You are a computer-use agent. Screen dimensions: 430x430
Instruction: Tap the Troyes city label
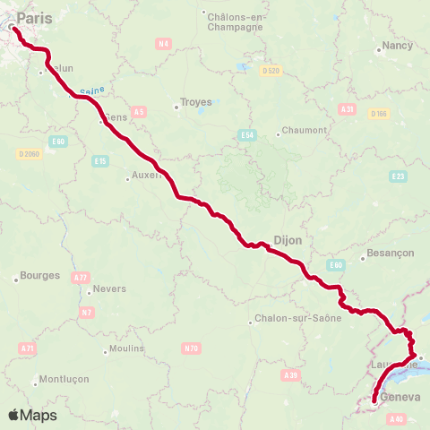coord(196,102)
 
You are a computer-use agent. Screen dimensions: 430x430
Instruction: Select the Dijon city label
coord(288,240)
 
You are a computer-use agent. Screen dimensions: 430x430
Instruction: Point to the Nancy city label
coord(397,45)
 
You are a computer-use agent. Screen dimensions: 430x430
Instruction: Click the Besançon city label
coord(391,254)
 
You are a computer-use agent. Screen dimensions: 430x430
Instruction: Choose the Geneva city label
coord(400,397)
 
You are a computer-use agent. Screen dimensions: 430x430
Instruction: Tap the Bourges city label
coord(39,275)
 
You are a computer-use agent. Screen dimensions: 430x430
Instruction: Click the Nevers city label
coord(110,288)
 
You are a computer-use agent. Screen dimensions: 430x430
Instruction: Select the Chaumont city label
coord(305,130)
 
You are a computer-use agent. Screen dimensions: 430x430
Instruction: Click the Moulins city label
coord(126,348)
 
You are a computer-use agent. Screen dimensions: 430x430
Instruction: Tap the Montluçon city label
coord(64,379)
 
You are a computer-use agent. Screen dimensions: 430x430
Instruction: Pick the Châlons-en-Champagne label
coord(235,21)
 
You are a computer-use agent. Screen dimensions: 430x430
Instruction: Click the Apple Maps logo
coord(32,415)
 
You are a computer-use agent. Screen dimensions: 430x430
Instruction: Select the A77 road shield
coord(81,278)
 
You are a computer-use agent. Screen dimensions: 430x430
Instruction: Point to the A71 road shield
coord(26,347)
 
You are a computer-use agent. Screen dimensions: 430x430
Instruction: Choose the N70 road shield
coord(190,347)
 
